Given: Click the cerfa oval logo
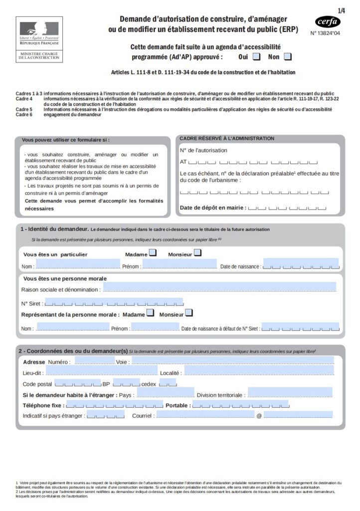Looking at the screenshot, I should coord(328,21).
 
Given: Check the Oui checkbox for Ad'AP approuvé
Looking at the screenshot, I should coord(256,56).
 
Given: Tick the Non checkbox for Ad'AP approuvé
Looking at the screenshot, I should coord(288,56).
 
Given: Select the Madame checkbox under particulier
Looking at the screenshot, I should coord(153,253).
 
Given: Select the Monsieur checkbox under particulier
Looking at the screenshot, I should coord(197,253).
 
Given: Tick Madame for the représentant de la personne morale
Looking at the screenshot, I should coord(149,313).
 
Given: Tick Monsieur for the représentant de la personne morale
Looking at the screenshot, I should coord(188,313).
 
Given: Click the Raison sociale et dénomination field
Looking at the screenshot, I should coord(219,287).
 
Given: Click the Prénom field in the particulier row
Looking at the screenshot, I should coord(180,264).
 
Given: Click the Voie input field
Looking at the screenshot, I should coord(232,360).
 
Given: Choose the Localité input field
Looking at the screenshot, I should coord(259,371).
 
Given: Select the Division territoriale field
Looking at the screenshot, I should coord(290,393).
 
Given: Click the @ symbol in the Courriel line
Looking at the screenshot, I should coord(259,415).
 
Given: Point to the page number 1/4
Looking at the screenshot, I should coord(342,10).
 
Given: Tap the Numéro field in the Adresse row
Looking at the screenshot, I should coord(94,360).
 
